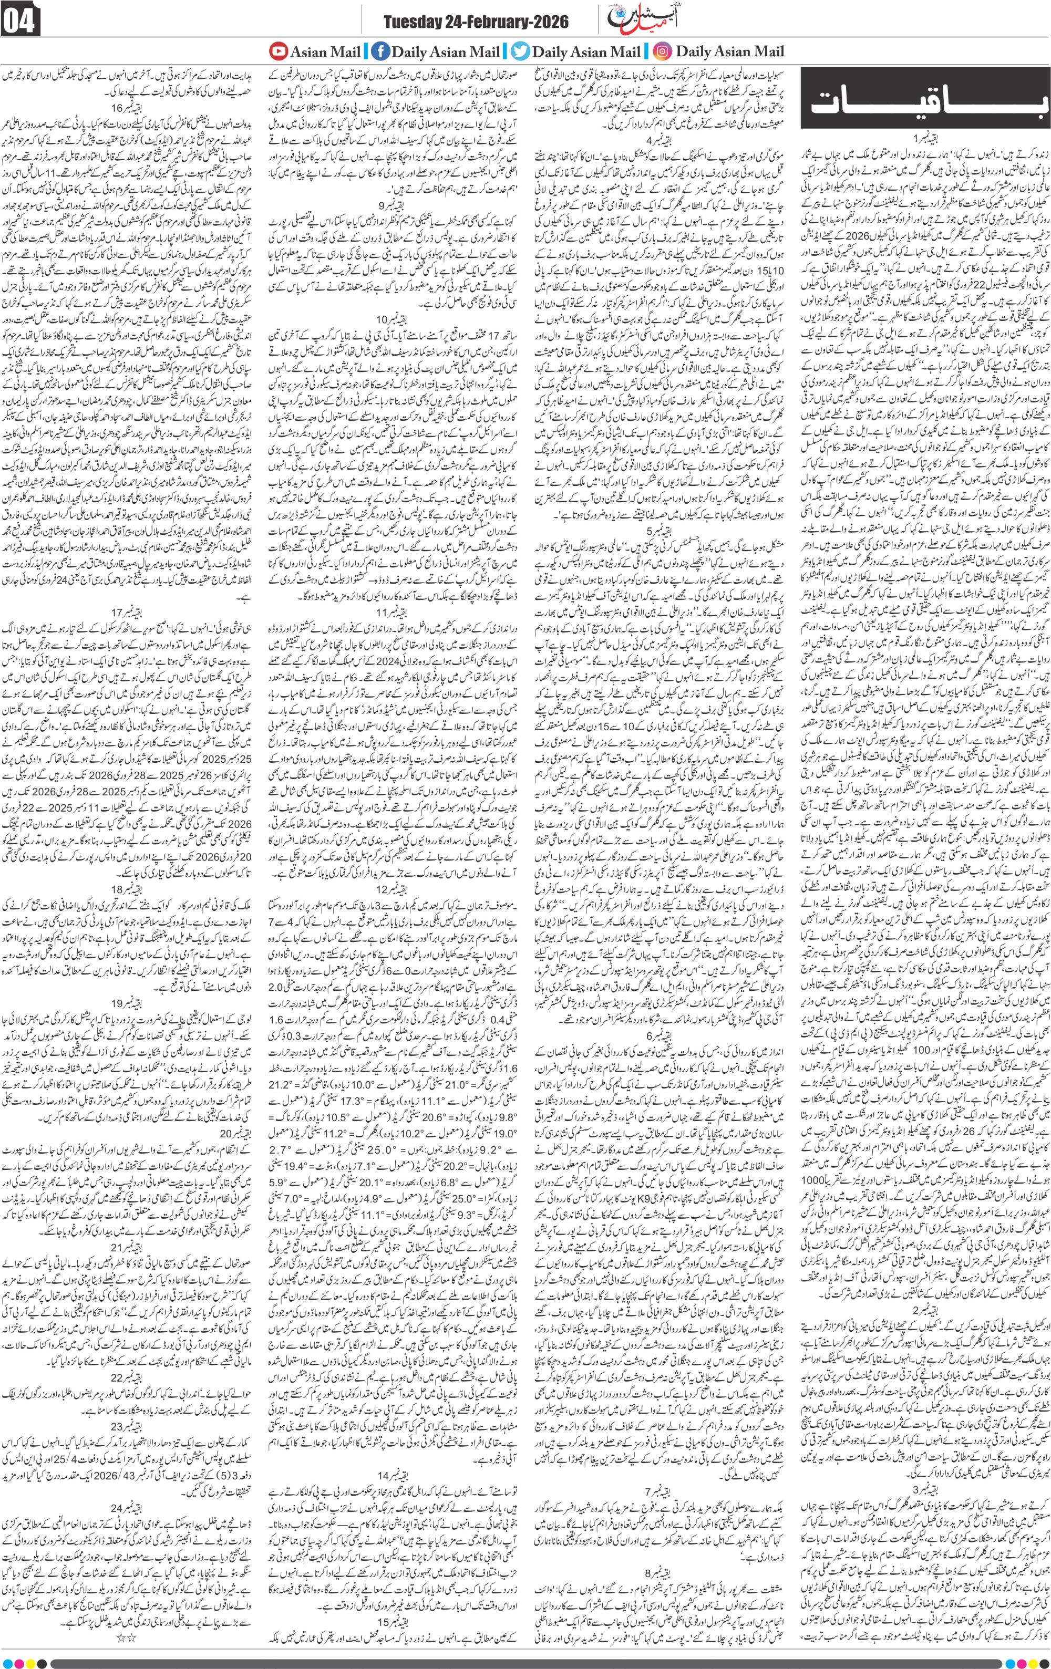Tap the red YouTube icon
click(x=278, y=51)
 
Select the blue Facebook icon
click(x=380, y=51)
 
